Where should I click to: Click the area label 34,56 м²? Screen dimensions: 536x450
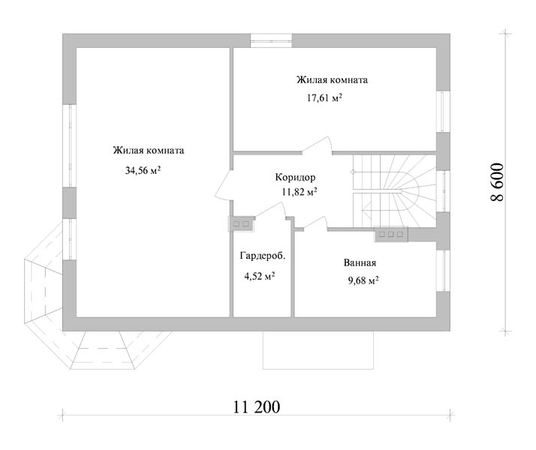coord(143,170)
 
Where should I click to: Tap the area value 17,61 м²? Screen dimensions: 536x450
coord(324,98)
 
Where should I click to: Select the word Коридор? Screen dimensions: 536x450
coord(295,178)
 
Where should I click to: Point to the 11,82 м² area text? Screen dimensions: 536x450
coord(300,192)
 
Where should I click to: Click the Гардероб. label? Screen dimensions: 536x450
coord(263,256)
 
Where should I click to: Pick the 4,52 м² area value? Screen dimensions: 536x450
coord(260,276)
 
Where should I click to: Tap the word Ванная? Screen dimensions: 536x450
coord(360,263)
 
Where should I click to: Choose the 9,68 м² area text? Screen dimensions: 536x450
coord(363,280)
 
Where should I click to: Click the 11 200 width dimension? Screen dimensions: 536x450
coord(257,406)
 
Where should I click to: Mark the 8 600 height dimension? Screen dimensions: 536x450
coord(498,182)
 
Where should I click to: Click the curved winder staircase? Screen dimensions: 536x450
coord(394,191)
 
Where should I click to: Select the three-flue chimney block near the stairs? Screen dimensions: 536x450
coord(391,235)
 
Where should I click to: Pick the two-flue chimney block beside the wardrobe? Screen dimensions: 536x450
coord(241,224)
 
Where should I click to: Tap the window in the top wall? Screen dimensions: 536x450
coord(271,40)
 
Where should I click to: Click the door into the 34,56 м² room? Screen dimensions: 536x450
coord(224,184)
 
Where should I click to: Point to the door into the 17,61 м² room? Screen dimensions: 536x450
coord(318,145)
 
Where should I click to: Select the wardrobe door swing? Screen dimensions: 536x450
coord(270,210)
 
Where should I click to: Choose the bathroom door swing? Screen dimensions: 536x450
coord(315,223)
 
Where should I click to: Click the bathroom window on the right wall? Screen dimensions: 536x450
coord(444,271)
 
